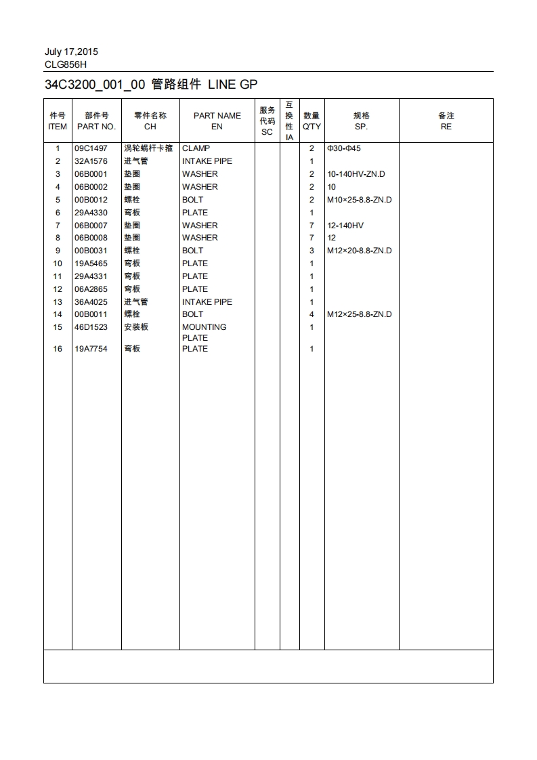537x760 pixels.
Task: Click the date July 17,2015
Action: (x=71, y=51)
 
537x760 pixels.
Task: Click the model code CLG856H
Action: (x=66, y=64)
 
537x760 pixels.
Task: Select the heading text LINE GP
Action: (x=232, y=85)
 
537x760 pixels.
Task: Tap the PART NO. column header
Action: (x=96, y=127)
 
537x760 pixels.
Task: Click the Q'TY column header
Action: (x=312, y=127)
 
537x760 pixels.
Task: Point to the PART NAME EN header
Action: (x=217, y=121)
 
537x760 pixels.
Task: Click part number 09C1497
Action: (x=91, y=148)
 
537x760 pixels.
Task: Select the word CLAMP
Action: (x=196, y=148)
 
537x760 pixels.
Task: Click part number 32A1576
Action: (x=91, y=161)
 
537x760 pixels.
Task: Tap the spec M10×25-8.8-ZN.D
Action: (x=359, y=200)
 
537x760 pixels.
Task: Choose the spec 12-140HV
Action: (x=345, y=226)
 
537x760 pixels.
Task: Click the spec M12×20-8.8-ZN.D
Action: (x=359, y=251)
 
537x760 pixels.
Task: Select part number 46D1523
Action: (x=91, y=327)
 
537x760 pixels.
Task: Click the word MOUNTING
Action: (x=204, y=327)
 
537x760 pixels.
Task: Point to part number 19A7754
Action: (x=91, y=349)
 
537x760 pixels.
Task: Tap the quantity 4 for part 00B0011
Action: (x=312, y=314)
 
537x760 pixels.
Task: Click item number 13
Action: (x=58, y=302)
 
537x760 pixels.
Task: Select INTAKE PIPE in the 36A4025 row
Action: (x=207, y=302)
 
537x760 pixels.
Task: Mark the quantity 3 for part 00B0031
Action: (x=312, y=251)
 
